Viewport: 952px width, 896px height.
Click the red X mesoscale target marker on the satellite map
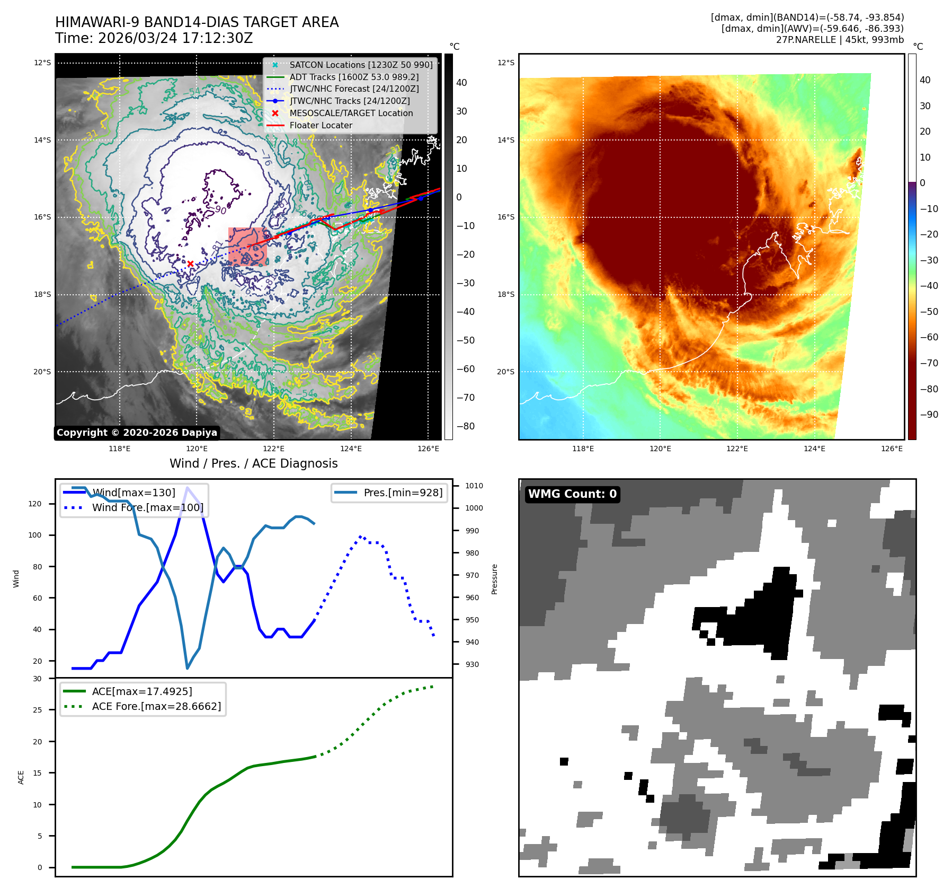(x=190, y=263)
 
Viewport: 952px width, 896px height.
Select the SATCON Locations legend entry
(x=360, y=65)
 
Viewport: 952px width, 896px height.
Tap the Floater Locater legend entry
(x=321, y=125)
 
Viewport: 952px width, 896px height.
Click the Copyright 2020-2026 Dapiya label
(x=137, y=433)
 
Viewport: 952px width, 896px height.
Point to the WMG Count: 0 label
(x=572, y=494)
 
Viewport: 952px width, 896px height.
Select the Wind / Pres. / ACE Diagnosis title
(x=253, y=463)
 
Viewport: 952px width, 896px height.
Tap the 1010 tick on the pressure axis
(x=474, y=486)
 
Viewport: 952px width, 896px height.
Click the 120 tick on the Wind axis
(x=35, y=504)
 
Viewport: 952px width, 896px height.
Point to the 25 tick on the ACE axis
(x=37, y=710)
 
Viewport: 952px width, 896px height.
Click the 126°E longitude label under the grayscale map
(x=428, y=449)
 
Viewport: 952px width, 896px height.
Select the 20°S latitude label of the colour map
(x=505, y=372)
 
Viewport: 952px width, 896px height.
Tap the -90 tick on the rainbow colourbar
(x=929, y=415)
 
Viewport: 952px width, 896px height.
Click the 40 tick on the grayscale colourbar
(x=461, y=83)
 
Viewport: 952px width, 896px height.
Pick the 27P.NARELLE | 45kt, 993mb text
(x=840, y=40)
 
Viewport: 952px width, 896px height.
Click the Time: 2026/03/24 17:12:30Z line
(x=154, y=38)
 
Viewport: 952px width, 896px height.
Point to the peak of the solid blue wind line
(x=187, y=487)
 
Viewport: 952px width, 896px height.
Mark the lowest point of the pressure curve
(x=187, y=668)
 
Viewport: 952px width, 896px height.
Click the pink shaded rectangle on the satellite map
(x=248, y=247)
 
